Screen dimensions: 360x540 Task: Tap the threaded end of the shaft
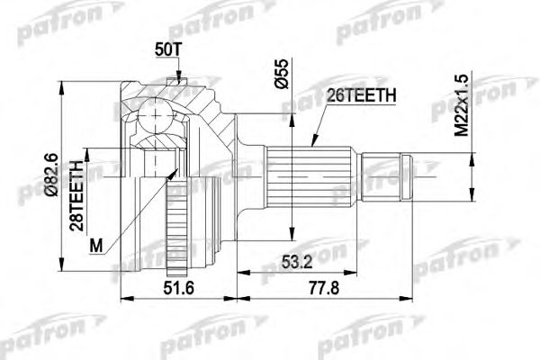point(385,175)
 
